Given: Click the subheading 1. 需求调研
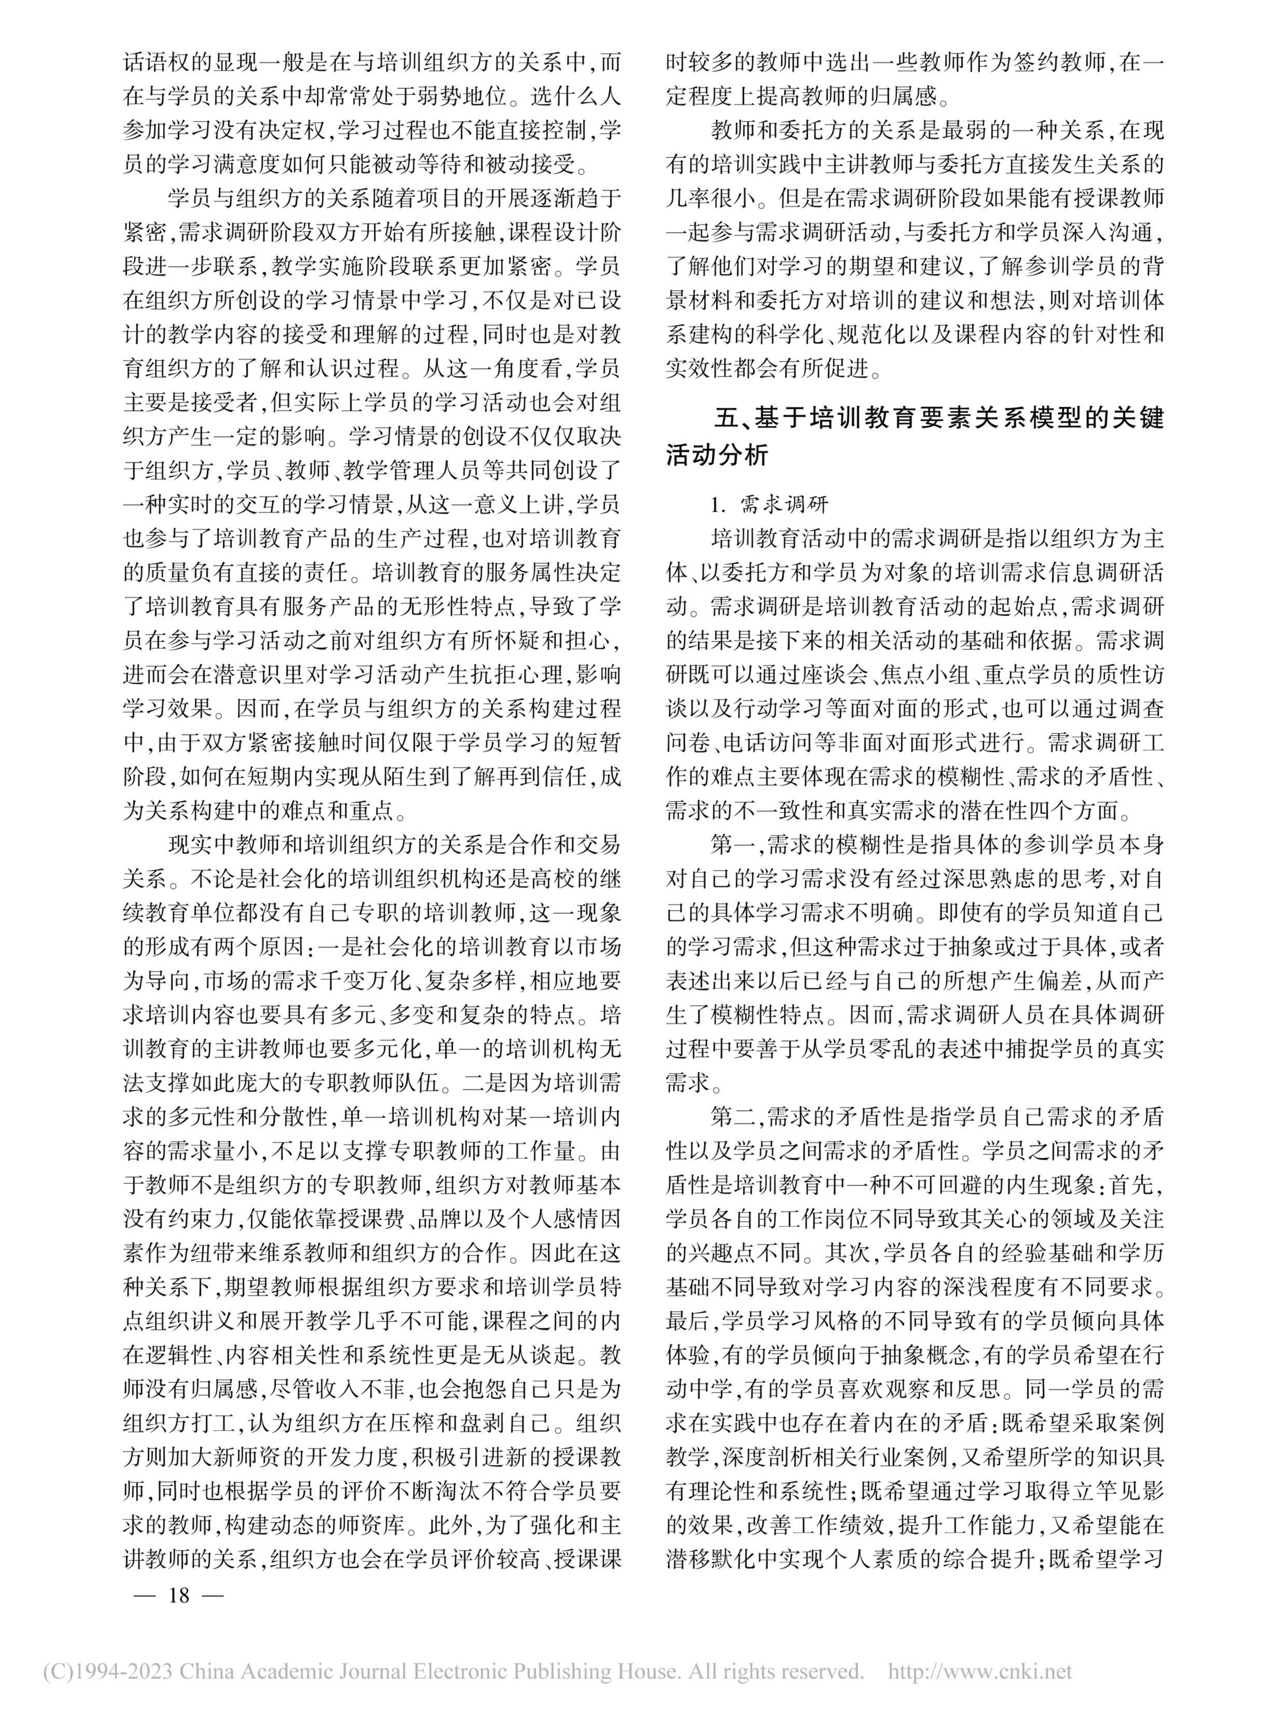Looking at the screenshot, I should (770, 504).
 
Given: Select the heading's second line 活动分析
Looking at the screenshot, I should (717, 455).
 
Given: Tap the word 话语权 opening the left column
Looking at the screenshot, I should (157, 61).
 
